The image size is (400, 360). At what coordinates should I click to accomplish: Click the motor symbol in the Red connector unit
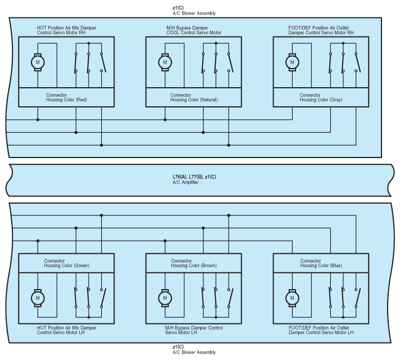point(38,62)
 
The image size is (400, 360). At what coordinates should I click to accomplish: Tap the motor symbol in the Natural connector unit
point(165,62)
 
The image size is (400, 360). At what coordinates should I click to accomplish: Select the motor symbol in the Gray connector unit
point(292,62)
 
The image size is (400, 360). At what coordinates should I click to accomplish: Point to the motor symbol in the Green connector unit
point(38,297)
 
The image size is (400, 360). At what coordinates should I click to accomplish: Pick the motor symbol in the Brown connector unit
point(165,297)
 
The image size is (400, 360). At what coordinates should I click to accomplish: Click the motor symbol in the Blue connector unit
point(292,297)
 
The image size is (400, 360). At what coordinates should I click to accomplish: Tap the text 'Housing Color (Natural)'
point(194,100)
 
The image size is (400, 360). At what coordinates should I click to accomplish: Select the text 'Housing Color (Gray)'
point(321,100)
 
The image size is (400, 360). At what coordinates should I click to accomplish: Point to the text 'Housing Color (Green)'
point(67,265)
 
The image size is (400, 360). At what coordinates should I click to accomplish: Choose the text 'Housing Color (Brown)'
point(194,265)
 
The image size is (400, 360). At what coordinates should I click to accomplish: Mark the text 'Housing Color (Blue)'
point(321,265)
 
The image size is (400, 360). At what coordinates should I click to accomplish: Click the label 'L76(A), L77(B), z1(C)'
point(194,177)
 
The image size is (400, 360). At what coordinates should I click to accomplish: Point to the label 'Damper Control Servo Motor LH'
point(321,333)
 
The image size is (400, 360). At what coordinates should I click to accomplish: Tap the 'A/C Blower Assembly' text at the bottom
point(194,352)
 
